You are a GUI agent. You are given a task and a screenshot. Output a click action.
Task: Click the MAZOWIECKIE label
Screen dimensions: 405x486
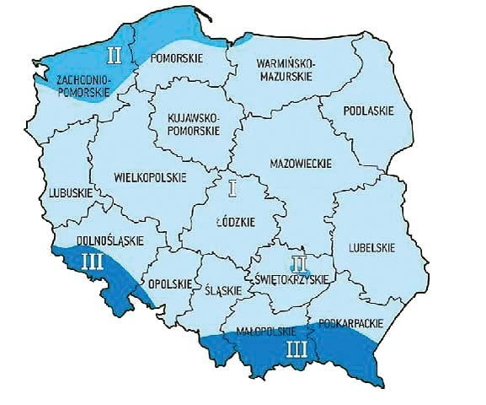tap(302, 162)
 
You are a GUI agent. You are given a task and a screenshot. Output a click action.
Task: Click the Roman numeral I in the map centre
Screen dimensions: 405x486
tap(233, 187)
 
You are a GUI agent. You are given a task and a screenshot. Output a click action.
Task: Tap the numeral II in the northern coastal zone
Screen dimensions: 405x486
tap(115, 57)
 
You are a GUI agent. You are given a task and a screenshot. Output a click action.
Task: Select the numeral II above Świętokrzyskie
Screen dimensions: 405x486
tap(296, 262)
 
